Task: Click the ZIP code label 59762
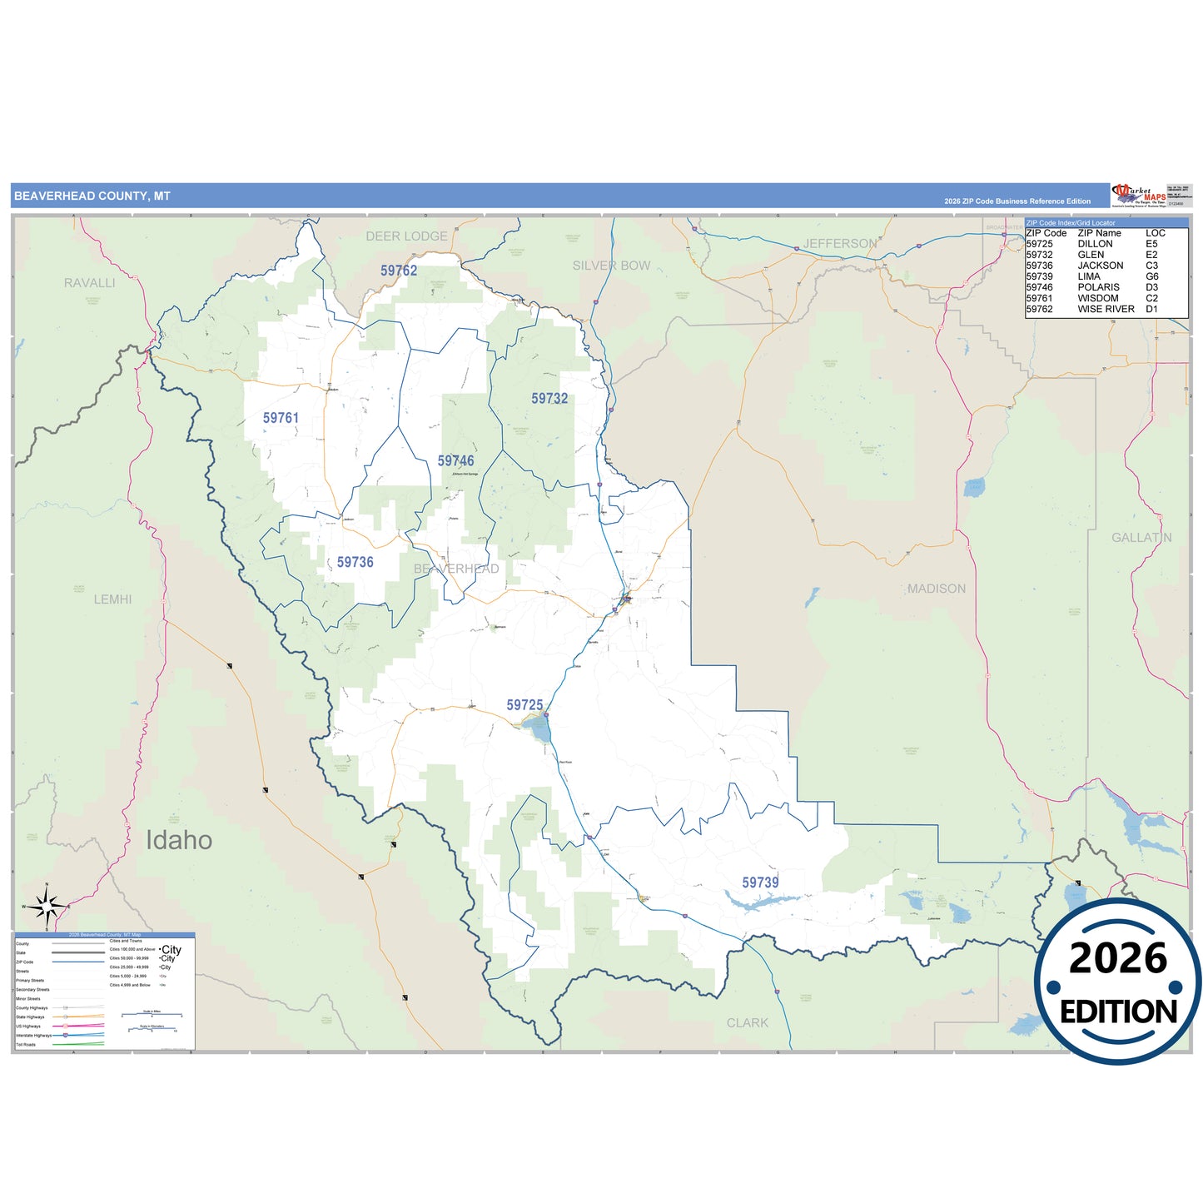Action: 399,271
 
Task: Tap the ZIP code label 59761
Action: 281,418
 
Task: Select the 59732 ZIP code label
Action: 549,399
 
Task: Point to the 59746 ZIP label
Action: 455,461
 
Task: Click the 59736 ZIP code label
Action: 355,563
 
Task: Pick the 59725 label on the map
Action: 524,705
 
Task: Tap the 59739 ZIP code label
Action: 760,882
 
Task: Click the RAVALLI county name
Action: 90,283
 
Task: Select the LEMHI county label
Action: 112,599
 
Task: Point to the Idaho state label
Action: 179,840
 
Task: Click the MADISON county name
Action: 937,589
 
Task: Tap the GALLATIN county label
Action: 1141,538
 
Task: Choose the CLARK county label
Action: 748,1023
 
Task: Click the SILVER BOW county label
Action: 611,266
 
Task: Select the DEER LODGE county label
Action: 406,236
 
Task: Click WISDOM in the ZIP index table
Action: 1098,298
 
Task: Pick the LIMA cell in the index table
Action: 1089,276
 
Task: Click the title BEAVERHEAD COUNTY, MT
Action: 92,196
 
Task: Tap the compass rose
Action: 47,906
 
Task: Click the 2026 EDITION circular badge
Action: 1118,982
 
